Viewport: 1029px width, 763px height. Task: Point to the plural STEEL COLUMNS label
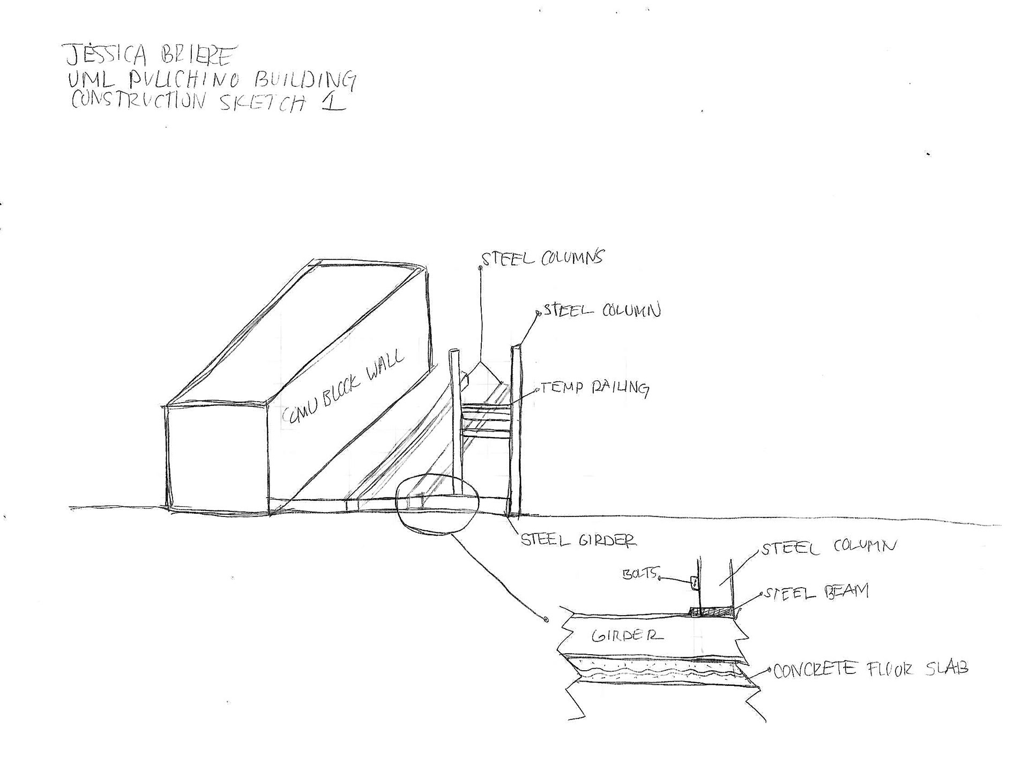(542, 258)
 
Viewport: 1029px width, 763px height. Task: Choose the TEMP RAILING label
(595, 388)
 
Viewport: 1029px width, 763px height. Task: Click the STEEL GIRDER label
(579, 540)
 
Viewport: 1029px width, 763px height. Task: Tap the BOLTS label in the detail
(639, 574)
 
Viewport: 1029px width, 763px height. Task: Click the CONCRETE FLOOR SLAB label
(871, 670)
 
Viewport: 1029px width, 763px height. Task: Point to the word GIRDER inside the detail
(627, 636)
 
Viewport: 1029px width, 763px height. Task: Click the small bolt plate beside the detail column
(694, 583)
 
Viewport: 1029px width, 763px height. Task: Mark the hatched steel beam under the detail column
(713, 612)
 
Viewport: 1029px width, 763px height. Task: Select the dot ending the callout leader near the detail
(546, 620)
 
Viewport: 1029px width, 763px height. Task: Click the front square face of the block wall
(217, 457)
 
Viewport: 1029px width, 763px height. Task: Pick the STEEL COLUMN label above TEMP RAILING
(602, 311)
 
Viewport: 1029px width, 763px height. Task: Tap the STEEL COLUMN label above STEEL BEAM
(829, 548)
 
